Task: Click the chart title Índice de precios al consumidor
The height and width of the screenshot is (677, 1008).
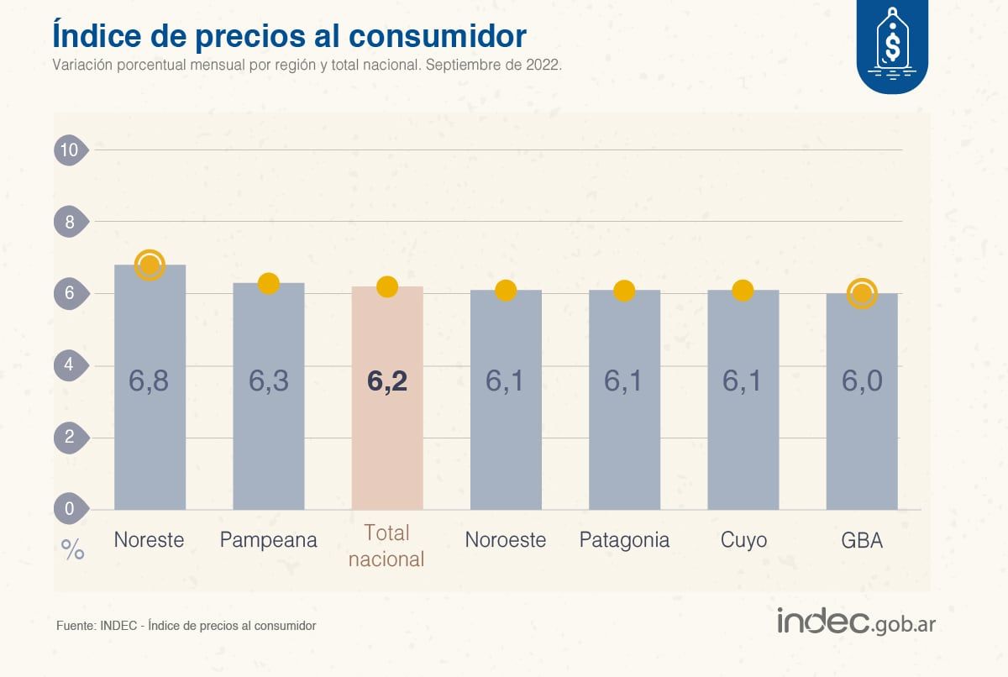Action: click(289, 35)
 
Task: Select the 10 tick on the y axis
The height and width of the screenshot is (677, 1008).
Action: click(68, 150)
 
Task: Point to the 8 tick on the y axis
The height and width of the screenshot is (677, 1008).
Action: click(68, 223)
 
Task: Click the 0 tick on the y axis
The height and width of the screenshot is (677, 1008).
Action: click(68, 509)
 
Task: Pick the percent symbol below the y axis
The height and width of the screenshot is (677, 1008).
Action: click(73, 550)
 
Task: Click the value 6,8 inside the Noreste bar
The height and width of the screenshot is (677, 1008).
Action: click(149, 380)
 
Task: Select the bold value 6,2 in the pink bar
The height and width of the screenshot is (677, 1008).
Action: click(386, 380)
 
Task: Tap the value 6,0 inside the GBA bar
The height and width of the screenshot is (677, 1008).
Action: click(862, 380)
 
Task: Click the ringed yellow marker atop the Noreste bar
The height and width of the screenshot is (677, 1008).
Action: click(150, 265)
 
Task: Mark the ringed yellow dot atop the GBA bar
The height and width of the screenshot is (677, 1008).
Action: click(862, 294)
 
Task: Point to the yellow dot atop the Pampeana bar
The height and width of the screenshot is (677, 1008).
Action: click(268, 284)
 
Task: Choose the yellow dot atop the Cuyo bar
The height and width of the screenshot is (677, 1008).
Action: click(743, 291)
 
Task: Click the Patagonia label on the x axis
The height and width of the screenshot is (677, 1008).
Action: click(624, 539)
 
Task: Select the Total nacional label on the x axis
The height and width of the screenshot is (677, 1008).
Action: click(386, 545)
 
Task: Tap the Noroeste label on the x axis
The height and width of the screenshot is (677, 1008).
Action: click(505, 539)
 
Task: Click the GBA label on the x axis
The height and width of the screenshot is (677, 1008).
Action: click(862, 539)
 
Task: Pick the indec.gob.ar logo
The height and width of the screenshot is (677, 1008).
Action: click(857, 622)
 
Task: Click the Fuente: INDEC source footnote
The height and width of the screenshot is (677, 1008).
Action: click(186, 626)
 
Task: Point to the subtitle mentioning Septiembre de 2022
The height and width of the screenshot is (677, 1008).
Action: click(306, 65)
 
